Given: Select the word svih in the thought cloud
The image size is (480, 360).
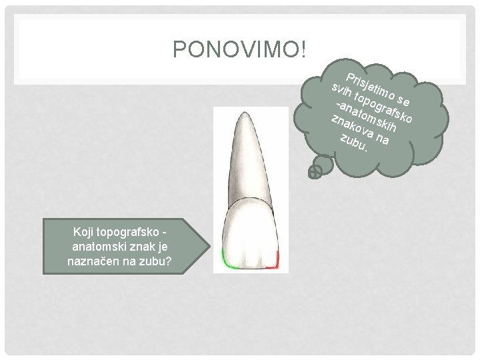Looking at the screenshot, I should [x=341, y=91].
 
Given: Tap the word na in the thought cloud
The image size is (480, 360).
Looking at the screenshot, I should [x=382, y=139].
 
